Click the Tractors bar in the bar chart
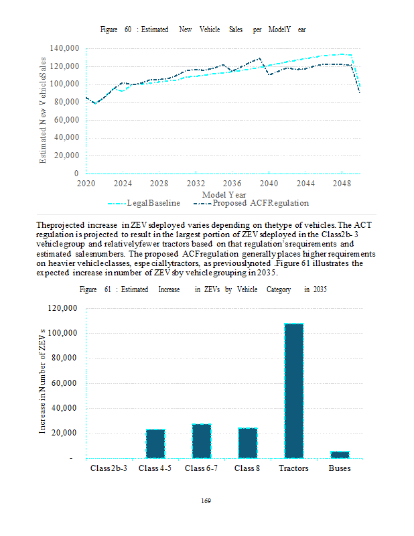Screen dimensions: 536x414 (x=293, y=391)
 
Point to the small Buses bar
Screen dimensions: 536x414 (x=340, y=455)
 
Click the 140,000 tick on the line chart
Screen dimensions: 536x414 (x=64, y=48)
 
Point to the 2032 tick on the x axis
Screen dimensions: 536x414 (x=196, y=183)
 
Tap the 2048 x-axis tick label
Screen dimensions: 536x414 (x=342, y=183)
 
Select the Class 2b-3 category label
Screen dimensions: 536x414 (x=109, y=468)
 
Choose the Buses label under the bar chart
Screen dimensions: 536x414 (x=340, y=468)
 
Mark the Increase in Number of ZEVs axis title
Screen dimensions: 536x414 (x=42, y=382)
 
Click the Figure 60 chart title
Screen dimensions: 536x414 (x=203, y=31)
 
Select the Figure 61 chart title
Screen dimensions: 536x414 (x=203, y=289)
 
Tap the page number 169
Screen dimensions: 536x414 (x=206, y=500)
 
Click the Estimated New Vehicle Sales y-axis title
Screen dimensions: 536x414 (x=43, y=111)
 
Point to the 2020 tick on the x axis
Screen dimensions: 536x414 (x=86, y=183)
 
